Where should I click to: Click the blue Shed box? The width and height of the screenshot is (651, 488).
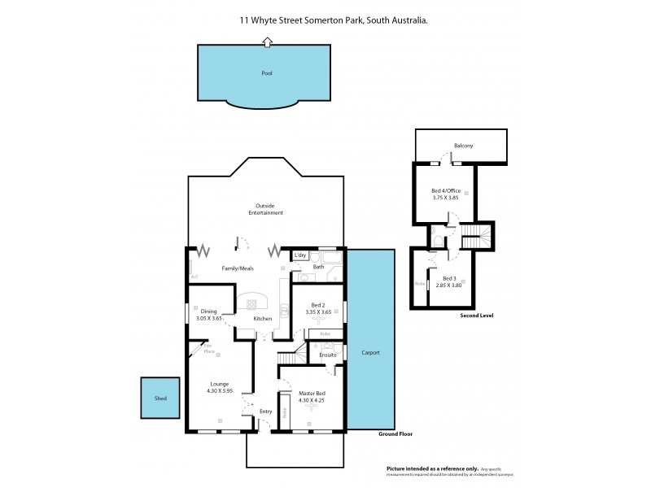point(159,399)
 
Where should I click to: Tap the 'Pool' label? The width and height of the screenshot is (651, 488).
point(267,73)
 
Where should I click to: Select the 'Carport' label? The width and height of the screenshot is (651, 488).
point(370,353)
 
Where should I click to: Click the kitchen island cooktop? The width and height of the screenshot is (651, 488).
point(251,302)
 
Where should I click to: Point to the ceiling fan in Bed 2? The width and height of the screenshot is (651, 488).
point(317,320)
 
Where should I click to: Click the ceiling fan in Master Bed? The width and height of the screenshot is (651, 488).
point(309,411)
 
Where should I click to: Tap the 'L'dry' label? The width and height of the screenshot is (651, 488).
point(299,255)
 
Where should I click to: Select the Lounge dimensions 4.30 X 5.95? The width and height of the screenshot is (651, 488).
point(220,391)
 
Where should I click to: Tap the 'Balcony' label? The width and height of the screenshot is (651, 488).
point(464,146)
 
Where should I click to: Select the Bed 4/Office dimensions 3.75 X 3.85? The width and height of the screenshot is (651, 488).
point(445,197)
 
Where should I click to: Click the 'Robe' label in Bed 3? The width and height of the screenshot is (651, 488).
point(419,284)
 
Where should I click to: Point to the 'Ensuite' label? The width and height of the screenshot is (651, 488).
point(327,355)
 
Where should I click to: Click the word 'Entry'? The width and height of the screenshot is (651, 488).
point(265,412)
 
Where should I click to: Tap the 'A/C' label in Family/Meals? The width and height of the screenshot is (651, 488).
point(194,277)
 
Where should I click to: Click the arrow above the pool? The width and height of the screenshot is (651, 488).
point(267,41)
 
